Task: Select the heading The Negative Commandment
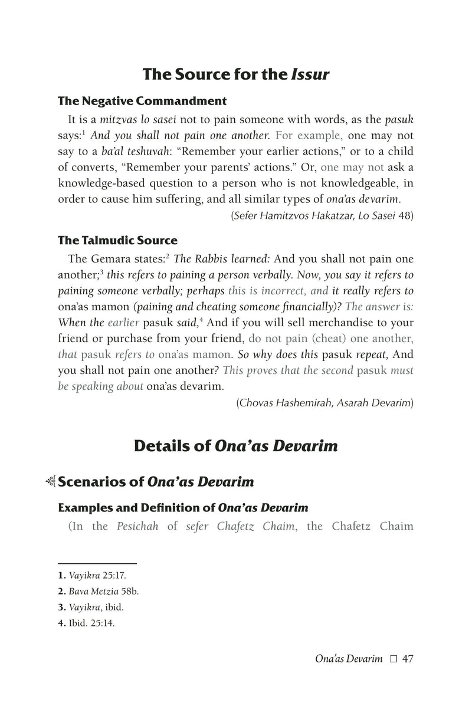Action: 142,101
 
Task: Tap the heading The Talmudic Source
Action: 117,241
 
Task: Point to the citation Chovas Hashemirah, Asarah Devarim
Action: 324,403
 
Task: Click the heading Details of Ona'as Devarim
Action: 236,446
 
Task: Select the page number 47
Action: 407,659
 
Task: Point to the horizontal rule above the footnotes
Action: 97,563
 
